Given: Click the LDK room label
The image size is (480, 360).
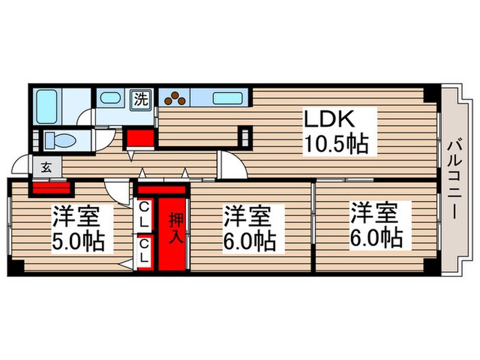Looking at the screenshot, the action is tap(329, 119).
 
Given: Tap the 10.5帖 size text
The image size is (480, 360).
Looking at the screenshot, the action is tap(336, 144).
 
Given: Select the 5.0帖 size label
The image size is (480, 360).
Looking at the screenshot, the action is tap(78, 241).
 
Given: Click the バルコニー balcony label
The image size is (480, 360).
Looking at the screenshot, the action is tap(454, 179).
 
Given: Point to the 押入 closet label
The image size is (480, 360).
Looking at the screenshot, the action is tap(176, 228).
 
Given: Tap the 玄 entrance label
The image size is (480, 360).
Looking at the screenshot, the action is tap(47, 167).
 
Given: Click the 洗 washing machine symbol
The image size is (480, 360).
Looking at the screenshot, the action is tap(141, 99).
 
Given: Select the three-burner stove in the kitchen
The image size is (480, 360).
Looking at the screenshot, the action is tap(175, 97).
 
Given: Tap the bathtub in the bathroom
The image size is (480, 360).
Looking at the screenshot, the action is tap(46, 106).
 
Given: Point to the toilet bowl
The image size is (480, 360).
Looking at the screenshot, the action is tap(60, 141).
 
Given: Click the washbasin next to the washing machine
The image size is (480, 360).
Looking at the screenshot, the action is tap(110, 98).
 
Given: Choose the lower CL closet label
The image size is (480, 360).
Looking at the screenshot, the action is tap(144, 251).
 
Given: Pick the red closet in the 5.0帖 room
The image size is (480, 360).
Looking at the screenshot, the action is tap(51, 188).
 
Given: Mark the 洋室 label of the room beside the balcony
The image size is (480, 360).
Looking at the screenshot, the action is tap(374, 213).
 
